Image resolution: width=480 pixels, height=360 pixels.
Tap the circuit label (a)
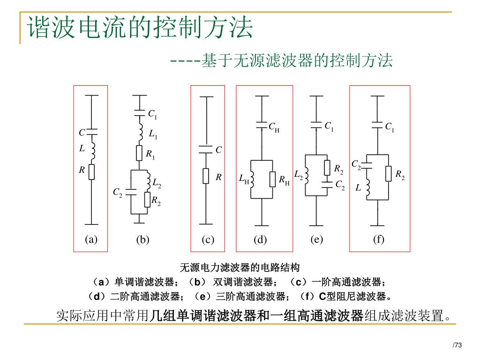point(91,240)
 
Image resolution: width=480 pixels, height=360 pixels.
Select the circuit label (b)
point(142,240)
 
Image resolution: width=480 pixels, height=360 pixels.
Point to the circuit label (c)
point(208,240)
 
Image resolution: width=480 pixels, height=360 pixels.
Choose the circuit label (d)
point(260,240)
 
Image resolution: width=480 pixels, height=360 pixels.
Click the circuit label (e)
point(316,240)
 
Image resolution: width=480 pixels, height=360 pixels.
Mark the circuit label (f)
point(378,240)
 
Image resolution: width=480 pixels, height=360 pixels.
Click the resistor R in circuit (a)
point(91,172)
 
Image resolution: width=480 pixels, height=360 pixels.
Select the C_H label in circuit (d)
point(274,127)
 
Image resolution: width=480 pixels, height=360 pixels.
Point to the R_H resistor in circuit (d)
point(272,180)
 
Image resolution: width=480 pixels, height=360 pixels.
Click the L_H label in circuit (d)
point(244,179)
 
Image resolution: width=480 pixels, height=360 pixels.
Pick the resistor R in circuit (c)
point(206,176)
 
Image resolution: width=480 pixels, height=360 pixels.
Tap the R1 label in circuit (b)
point(150,154)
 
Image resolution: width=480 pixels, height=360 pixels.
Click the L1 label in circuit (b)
point(153,135)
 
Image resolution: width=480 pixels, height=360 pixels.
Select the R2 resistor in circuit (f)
point(388,174)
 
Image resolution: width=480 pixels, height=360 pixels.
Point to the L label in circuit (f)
point(358,187)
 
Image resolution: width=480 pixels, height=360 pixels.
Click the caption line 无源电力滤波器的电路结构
point(240,268)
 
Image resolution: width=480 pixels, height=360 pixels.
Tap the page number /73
point(457,345)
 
